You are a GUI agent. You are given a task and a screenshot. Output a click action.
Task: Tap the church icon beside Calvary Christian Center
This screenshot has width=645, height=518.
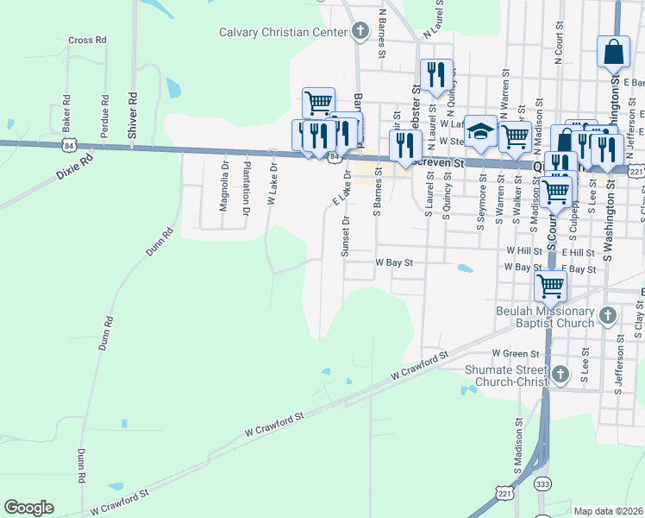[360, 33]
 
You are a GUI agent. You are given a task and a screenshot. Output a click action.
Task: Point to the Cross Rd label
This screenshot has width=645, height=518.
[86, 40]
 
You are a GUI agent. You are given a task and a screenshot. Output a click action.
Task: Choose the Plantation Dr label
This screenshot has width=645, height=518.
[247, 184]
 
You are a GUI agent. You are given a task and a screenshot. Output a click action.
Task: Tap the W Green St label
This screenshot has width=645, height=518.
[515, 353]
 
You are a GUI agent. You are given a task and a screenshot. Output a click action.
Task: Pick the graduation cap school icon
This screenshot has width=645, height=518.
[480, 130]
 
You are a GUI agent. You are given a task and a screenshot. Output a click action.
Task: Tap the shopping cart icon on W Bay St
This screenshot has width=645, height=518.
[550, 284]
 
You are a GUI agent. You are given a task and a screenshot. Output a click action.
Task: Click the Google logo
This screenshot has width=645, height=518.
[28, 508]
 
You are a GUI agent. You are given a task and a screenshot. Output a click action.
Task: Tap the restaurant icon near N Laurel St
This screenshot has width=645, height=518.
[435, 73]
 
